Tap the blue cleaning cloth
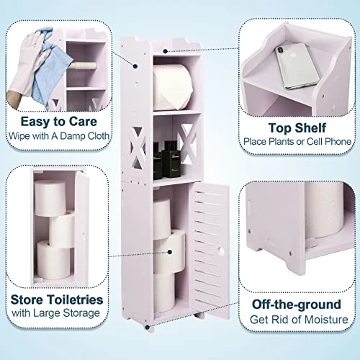click(52, 70)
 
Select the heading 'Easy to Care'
click(59, 122)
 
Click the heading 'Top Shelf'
click(297, 127)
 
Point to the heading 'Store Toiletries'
click(57, 300)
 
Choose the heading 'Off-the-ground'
click(297, 305)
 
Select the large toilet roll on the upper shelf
click(173, 87)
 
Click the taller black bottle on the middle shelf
click(171, 159)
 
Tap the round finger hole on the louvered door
click(221, 251)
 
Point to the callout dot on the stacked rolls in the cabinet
click(170, 252)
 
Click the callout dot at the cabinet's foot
click(148, 327)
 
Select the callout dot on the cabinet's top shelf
click(165, 51)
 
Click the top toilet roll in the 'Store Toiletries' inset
click(50, 198)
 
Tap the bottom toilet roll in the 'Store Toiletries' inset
click(54, 260)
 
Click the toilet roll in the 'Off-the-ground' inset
click(325, 210)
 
